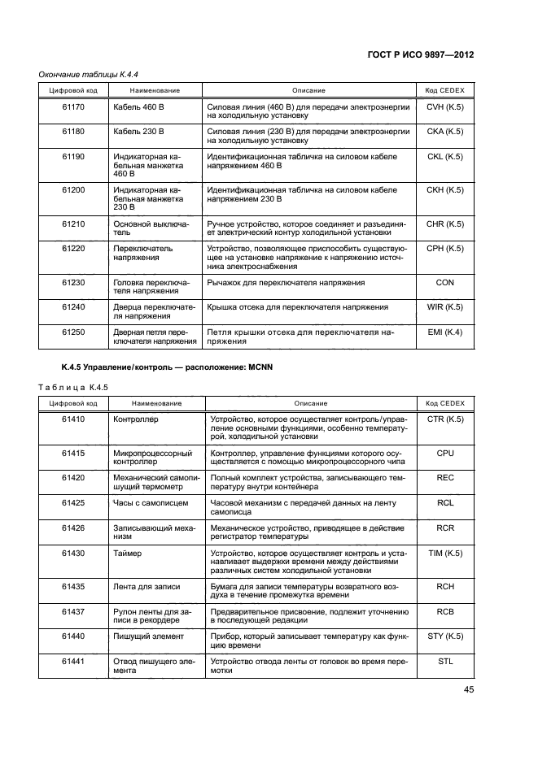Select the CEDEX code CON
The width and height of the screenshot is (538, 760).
pos(444,282)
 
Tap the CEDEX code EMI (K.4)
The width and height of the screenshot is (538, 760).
pos(444,332)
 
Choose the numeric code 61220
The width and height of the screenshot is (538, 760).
pos(73,248)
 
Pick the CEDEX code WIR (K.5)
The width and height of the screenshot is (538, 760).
pos(444,307)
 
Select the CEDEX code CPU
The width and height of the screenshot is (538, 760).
pos(444,454)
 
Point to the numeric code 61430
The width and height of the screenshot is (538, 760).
pos(73,553)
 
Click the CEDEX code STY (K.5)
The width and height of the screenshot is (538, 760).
pos(444,636)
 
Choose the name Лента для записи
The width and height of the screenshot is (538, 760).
pos(147,586)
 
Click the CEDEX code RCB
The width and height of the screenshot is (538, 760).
pos(444,611)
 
